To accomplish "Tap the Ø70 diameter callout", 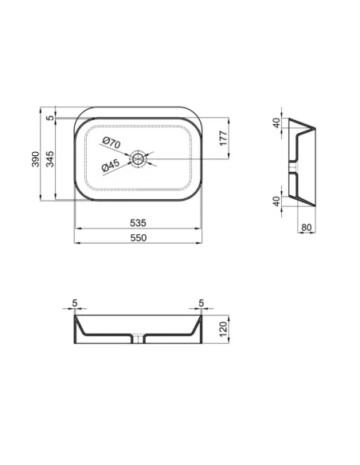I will tap(111, 144).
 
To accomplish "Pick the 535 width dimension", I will tap(139, 224).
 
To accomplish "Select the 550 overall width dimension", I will tap(139, 238).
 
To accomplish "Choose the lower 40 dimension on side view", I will tap(276, 201).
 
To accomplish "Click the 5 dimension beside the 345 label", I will tap(49, 119).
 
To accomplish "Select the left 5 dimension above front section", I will tap(74, 303).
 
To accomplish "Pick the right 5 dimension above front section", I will tap(202, 303).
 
